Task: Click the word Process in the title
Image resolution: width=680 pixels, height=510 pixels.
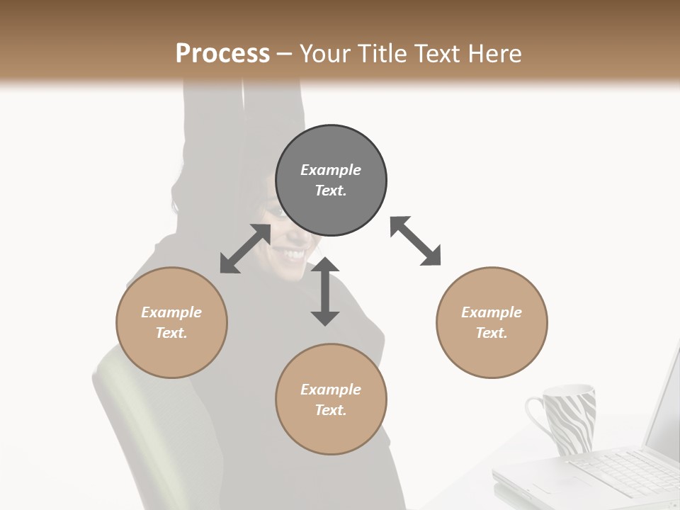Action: click(x=222, y=54)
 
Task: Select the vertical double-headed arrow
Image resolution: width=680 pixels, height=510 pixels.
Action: click(x=325, y=291)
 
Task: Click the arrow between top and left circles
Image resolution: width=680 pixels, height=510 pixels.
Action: click(x=245, y=249)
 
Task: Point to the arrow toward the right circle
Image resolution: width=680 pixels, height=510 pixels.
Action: click(x=416, y=241)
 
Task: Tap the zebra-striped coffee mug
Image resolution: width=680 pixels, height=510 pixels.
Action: click(x=570, y=418)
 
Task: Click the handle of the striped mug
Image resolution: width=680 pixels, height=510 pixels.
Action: click(x=536, y=418)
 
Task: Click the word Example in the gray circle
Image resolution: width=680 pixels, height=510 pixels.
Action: click(x=331, y=170)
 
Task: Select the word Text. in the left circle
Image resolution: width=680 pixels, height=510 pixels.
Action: click(x=171, y=333)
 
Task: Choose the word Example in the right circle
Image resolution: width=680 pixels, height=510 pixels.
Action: click(x=492, y=312)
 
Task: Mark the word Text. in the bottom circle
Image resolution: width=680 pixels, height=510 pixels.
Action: click(x=331, y=410)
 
